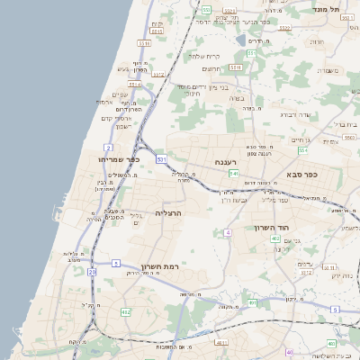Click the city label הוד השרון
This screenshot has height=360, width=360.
(275, 228)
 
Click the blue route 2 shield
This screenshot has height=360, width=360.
(109, 147)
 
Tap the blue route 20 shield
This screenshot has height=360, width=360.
(92, 270)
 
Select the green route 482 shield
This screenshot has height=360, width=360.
(125, 311)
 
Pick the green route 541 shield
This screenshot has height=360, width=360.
(233, 173)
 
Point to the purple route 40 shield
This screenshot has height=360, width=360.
(288, 353)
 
